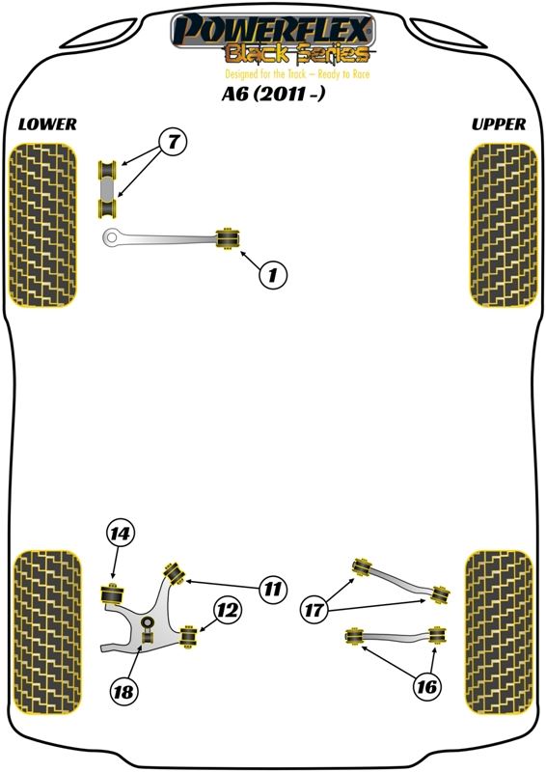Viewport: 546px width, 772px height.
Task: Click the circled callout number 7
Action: [x=173, y=142]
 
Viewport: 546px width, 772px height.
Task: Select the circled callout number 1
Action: [x=272, y=274]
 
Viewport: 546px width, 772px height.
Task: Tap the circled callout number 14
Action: [x=121, y=534]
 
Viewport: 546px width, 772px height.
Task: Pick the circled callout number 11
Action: [x=272, y=588]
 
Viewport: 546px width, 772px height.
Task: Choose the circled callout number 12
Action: [x=228, y=611]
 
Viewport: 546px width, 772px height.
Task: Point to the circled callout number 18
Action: [x=123, y=692]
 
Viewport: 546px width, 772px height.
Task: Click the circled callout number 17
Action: [x=314, y=611]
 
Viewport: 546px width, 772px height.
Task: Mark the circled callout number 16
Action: [x=426, y=686]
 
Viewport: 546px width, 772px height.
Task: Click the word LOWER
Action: [x=47, y=124]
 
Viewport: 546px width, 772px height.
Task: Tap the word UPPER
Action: [x=498, y=124]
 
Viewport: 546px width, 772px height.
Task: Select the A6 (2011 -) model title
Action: [x=273, y=94]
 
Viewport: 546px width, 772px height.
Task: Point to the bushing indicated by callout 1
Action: [x=229, y=238]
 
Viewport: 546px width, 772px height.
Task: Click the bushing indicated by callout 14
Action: [x=113, y=593]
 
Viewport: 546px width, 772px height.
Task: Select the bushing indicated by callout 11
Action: [x=174, y=572]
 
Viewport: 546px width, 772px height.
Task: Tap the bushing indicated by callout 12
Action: [x=187, y=636]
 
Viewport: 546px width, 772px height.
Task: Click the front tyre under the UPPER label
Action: [x=504, y=225]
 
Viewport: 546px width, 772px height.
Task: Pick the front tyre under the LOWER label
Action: [x=43, y=225]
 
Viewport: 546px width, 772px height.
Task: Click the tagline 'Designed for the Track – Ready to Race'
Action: [x=297, y=74]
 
